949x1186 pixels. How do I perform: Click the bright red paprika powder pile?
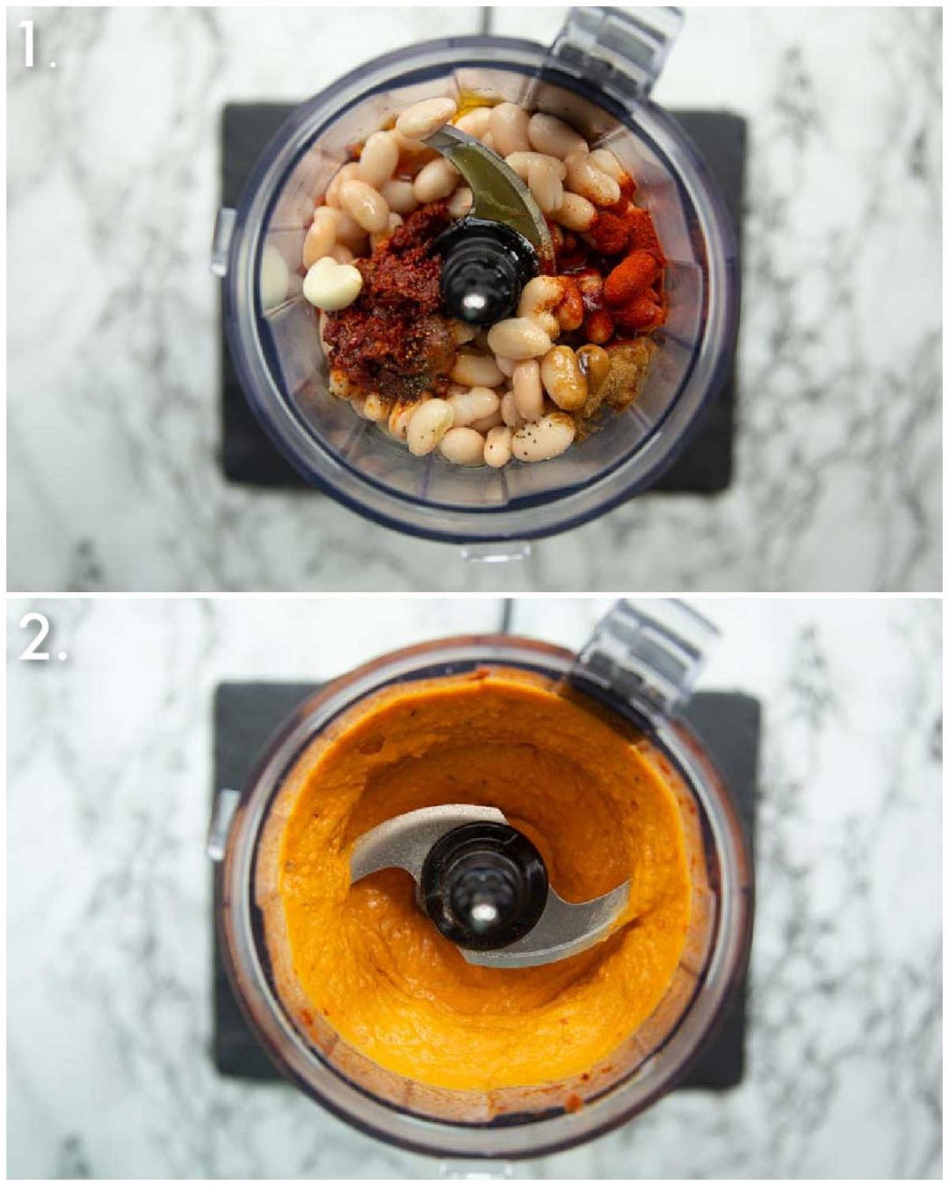coord(628,264)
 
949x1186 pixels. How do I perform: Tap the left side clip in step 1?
coord(221,242)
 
